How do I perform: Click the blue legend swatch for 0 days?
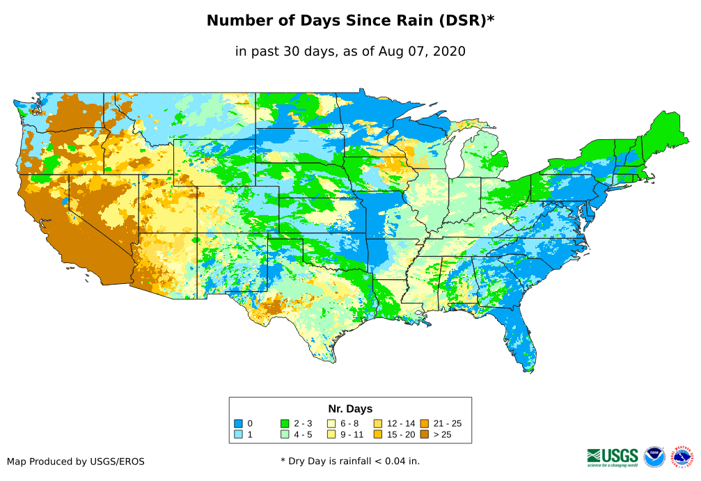238,423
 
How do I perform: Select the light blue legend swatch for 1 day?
238,434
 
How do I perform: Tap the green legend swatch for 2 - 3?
285,423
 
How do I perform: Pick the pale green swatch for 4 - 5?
285,434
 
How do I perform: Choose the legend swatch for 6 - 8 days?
331,423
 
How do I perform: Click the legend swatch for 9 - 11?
331,434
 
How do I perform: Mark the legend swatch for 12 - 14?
378,423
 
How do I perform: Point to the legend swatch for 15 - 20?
378,434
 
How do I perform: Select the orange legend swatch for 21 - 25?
425,423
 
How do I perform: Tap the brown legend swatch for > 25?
425,434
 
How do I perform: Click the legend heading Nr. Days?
350,409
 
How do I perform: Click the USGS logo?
613,456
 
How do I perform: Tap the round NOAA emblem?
654,457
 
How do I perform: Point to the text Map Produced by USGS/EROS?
76,462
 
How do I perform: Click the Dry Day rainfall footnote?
350,461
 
